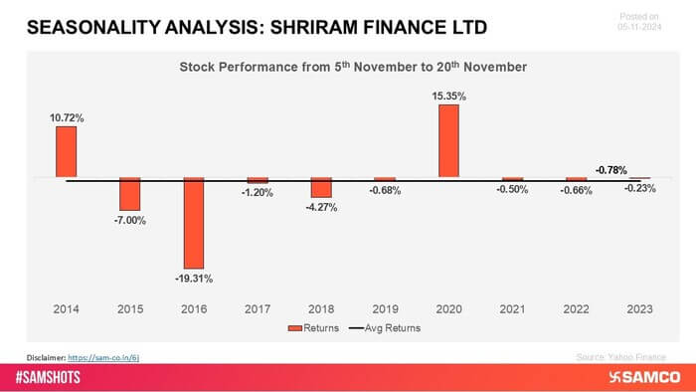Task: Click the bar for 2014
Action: [x=67, y=152]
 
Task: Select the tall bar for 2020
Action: [x=448, y=141]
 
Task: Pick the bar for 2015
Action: [x=130, y=193]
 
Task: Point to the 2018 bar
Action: [x=321, y=188]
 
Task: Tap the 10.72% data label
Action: [x=67, y=117]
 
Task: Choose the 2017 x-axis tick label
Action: [x=258, y=309]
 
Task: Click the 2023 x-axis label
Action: [x=639, y=309]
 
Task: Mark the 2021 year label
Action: [x=512, y=309]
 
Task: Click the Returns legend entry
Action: [x=313, y=327]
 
